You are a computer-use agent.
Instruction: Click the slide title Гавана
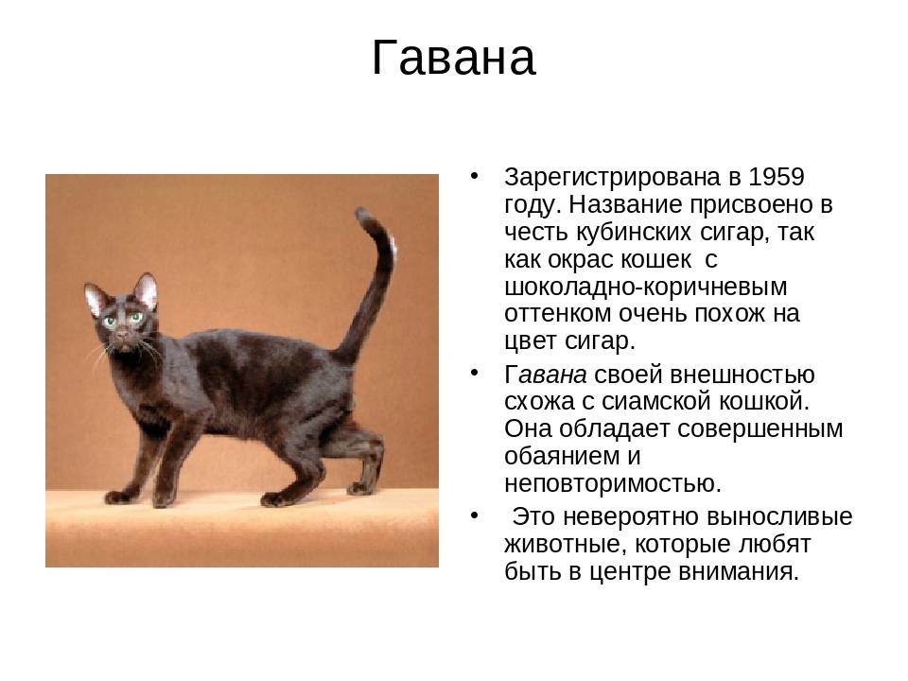[x=453, y=58]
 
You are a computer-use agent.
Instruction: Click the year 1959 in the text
[x=776, y=177]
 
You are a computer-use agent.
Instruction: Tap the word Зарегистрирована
[x=612, y=178]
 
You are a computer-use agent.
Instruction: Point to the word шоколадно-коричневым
[x=646, y=288]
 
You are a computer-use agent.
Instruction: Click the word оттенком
[x=558, y=314]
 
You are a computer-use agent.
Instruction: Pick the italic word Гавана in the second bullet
[x=546, y=375]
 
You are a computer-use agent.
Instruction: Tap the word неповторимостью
[x=613, y=484]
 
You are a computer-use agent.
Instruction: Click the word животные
[x=566, y=545]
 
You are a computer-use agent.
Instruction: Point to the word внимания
[x=739, y=571]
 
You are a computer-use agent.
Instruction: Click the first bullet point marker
[x=475, y=176]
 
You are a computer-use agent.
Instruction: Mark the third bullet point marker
[x=475, y=515]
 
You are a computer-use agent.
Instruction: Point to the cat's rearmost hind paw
[x=360, y=488]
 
